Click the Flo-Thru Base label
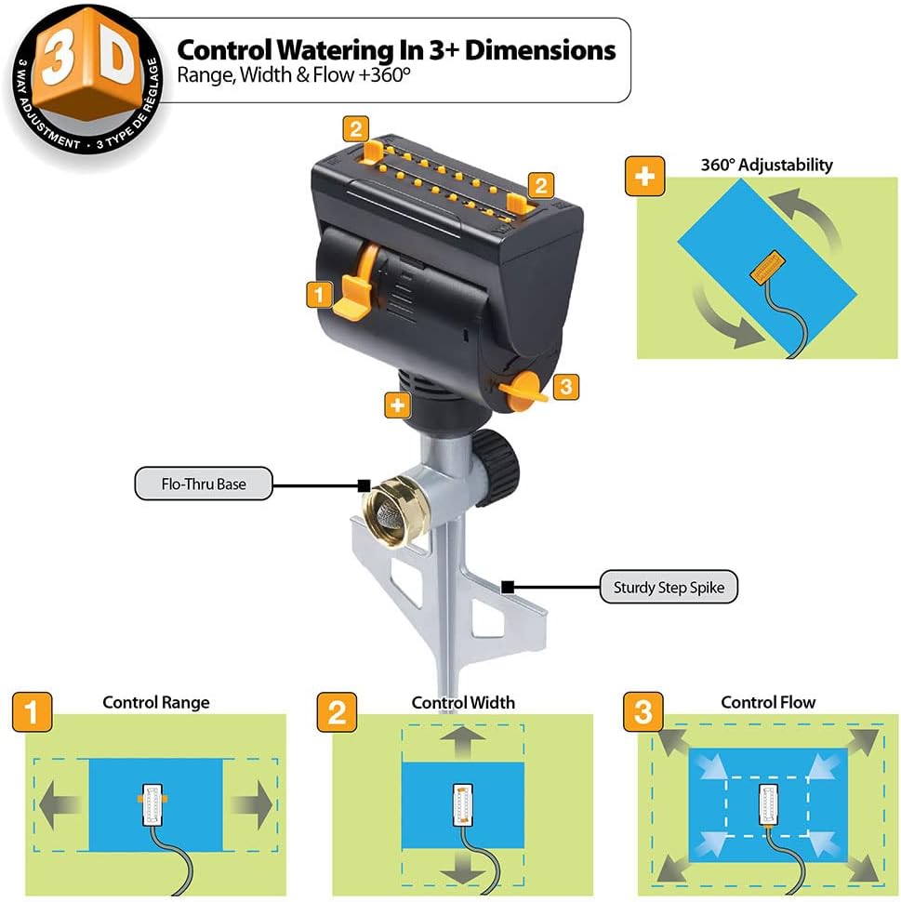[x=204, y=484]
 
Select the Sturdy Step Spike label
[x=669, y=587]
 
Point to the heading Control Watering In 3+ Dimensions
[x=396, y=48]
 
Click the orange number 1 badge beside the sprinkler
[x=318, y=296]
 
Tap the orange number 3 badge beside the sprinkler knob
[x=565, y=387]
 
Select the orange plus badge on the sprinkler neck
[x=398, y=405]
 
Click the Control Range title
[x=155, y=702]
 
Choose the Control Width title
[x=463, y=702]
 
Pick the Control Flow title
[x=768, y=702]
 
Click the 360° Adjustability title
[x=767, y=165]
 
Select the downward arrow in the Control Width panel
[x=463, y=867]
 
